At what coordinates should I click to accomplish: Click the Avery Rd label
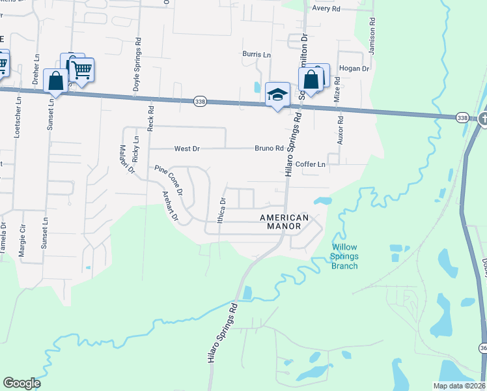[326, 8]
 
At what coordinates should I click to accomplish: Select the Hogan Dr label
[354, 68]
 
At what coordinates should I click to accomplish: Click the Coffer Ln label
[310, 164]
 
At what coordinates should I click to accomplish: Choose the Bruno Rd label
[269, 149]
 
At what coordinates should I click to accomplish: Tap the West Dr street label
[186, 149]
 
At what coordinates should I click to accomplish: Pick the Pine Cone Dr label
[169, 180]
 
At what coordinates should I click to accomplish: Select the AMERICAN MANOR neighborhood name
[284, 222]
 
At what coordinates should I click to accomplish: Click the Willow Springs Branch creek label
[344, 256]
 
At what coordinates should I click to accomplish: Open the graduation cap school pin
[277, 95]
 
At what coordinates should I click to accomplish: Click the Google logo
[21, 383]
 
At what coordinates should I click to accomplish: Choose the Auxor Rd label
[339, 129]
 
